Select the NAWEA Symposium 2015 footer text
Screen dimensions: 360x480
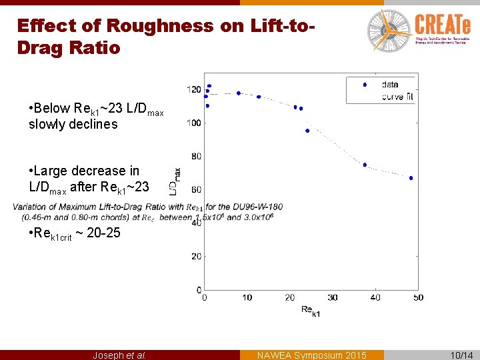[x=311, y=355]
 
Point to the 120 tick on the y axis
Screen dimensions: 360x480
[x=194, y=89]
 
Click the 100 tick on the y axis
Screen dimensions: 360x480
[x=194, y=123]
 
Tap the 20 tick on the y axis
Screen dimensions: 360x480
[x=195, y=256]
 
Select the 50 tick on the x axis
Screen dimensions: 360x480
[x=417, y=297]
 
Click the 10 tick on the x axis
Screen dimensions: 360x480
[x=247, y=297]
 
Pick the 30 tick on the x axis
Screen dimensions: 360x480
[x=332, y=297]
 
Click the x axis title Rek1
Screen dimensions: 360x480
[x=310, y=310]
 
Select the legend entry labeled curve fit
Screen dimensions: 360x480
[x=398, y=97]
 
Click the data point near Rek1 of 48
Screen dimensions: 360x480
[x=411, y=178]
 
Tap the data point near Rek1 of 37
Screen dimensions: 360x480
[x=365, y=165]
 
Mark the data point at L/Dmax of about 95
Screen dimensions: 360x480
[x=307, y=131]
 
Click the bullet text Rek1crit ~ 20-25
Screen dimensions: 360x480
[x=75, y=234]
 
